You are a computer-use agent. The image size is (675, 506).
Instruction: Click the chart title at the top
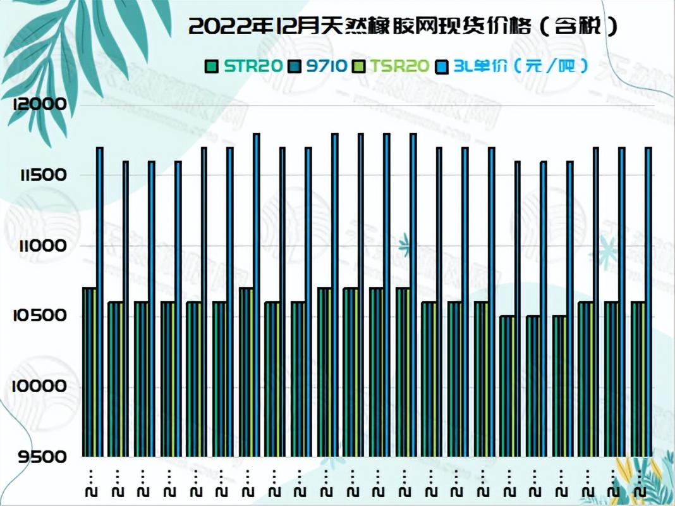[x=403, y=26]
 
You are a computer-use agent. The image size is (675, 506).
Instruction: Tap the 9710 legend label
[x=327, y=65]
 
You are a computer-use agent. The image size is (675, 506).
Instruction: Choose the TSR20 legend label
[x=400, y=65]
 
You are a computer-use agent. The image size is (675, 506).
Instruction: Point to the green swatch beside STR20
[x=212, y=66]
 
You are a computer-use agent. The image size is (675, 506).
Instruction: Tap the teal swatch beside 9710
[x=295, y=66]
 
